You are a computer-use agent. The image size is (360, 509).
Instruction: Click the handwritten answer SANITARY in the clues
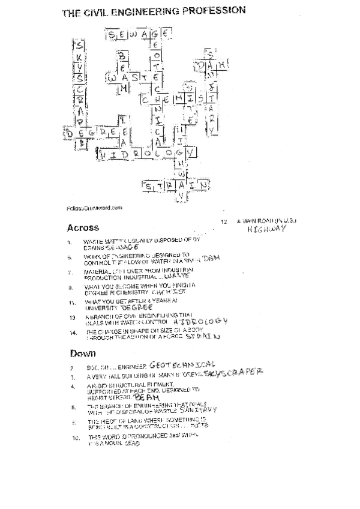pyautogui.click(x=197, y=409)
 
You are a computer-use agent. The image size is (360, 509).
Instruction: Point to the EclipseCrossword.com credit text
pyautogui.click(x=91, y=208)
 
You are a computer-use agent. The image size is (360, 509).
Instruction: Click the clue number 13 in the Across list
pyautogui.click(x=71, y=317)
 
